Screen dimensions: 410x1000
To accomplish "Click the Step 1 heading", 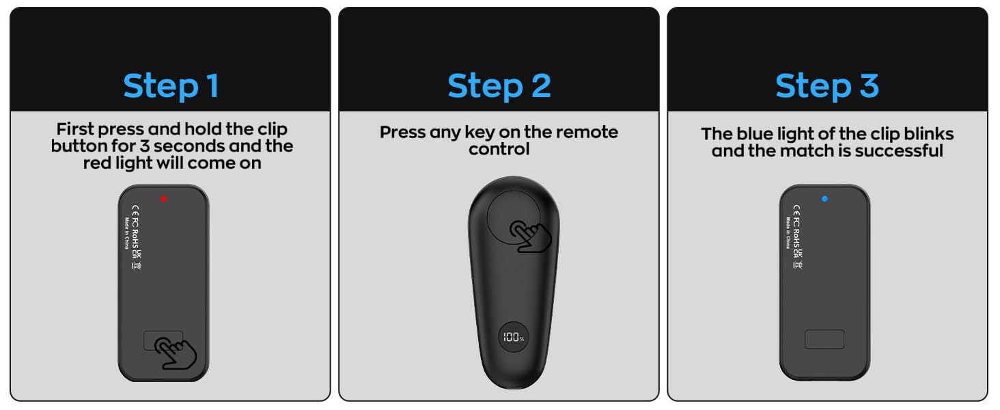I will tap(171, 86).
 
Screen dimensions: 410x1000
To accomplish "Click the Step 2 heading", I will tap(499, 86).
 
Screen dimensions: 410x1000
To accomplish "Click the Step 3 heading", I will tap(827, 86).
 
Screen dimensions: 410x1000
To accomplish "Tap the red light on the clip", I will tap(163, 199).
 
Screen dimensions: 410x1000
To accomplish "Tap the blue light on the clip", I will tap(824, 199).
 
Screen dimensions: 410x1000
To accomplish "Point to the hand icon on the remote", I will tap(532, 236).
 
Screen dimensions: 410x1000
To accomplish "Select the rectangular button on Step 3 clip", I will tap(824, 339).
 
